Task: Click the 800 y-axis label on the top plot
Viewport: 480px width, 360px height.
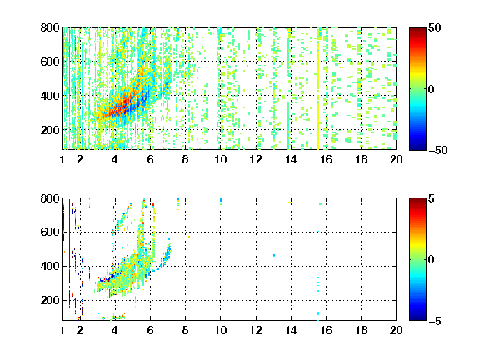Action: coord(50,27)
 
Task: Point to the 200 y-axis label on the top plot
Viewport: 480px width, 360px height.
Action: coord(50,130)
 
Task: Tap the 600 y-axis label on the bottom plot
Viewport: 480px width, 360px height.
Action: coord(50,232)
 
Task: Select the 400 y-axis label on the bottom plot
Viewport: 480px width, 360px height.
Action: coord(50,266)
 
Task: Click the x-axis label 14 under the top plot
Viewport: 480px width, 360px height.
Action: coord(291,159)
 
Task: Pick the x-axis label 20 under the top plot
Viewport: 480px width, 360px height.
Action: coord(396,159)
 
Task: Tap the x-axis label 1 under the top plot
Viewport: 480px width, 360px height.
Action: coord(62,159)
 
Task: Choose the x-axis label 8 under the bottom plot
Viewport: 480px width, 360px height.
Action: coord(185,330)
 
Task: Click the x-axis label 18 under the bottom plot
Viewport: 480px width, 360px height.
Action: coord(361,330)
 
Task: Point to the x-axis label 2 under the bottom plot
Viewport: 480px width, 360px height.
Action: coord(80,330)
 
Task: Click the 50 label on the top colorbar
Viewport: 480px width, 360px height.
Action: coord(435,27)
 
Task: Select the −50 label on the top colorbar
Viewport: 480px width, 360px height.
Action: coord(438,150)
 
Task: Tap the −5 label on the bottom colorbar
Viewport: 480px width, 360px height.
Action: coord(435,321)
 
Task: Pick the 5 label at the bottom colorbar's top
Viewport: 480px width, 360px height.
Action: coord(432,199)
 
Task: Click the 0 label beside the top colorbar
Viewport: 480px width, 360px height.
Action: coord(432,89)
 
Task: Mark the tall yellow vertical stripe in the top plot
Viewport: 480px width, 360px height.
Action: coord(317,95)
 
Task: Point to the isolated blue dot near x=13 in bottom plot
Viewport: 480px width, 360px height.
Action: coord(274,255)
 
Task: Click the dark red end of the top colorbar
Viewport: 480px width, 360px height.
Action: coord(417,30)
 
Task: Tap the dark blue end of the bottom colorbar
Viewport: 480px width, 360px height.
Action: coord(417,317)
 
